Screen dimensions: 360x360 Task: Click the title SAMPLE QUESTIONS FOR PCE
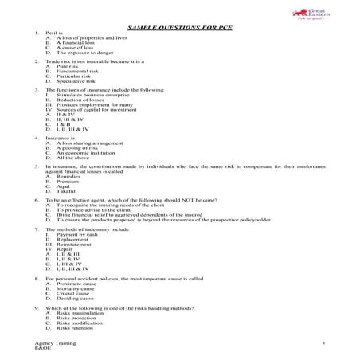click(x=180, y=25)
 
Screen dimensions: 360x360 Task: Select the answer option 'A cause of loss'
click(x=71, y=47)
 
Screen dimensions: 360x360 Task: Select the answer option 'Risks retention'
click(x=76, y=327)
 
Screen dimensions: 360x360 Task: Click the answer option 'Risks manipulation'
click(x=80, y=313)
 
